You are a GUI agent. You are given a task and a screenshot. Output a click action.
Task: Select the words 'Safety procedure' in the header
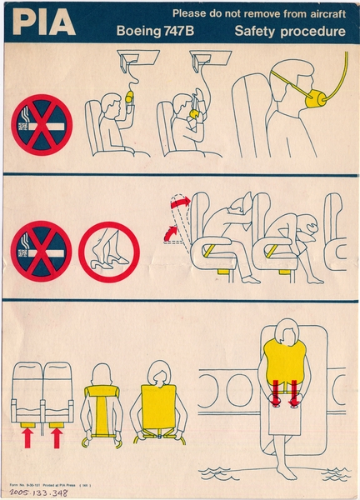pyautogui.click(x=289, y=32)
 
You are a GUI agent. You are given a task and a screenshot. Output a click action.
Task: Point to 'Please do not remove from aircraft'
pyautogui.click(x=259, y=13)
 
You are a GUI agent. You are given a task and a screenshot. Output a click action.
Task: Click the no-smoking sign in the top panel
pyautogui.click(x=42, y=124)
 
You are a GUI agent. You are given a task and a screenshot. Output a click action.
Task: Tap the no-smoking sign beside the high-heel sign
pyautogui.click(x=42, y=251)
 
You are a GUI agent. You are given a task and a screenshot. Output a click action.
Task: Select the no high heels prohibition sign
pyautogui.click(x=109, y=251)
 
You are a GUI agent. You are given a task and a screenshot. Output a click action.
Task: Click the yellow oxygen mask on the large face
pyautogui.click(x=316, y=100)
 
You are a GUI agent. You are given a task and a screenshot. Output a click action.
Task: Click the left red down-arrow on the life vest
pyautogui.click(x=276, y=390)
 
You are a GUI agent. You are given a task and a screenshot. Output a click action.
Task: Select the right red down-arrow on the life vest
pyautogui.click(x=293, y=390)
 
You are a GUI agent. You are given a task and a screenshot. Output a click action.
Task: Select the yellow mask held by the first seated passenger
pyautogui.click(x=129, y=98)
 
